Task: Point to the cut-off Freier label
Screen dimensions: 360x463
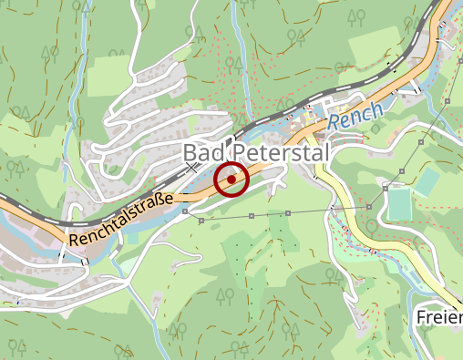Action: (x=439, y=317)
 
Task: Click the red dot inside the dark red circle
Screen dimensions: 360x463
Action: (x=231, y=179)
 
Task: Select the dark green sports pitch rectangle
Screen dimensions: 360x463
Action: (x=399, y=204)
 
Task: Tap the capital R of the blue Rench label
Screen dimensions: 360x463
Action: (x=334, y=121)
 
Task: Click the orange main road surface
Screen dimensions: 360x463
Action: (x=273, y=164)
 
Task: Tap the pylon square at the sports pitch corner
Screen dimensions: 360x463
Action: (x=386, y=187)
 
